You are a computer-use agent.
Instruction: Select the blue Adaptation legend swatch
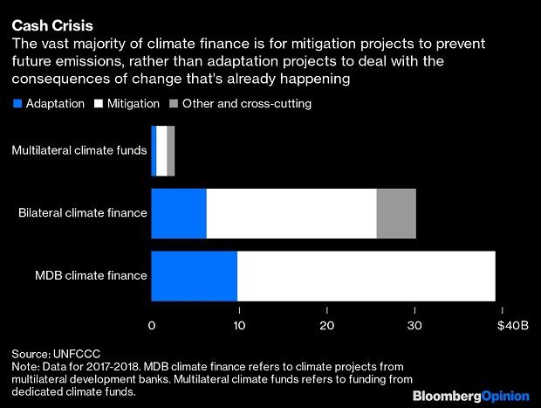click(17, 104)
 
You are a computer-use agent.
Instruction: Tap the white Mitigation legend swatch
click(99, 104)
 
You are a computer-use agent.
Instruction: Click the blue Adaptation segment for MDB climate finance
click(194, 276)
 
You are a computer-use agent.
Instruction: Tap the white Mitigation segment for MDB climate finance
click(366, 276)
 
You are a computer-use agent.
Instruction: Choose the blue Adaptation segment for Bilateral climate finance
click(179, 213)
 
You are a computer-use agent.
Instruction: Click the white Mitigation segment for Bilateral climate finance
click(291, 213)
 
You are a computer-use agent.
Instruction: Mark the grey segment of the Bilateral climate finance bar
click(396, 213)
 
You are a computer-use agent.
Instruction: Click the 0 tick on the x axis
click(152, 326)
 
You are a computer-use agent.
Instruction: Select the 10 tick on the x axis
click(239, 326)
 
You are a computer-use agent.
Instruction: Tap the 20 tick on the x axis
click(327, 326)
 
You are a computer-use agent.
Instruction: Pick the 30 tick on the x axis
click(415, 326)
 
